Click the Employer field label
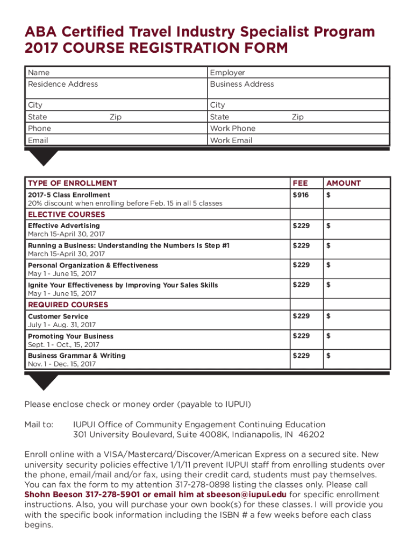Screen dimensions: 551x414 tap(227, 73)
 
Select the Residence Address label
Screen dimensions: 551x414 tap(63, 84)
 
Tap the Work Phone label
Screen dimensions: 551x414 tap(233, 128)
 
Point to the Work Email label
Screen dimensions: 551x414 tap(231, 140)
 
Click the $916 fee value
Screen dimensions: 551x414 tap(301, 195)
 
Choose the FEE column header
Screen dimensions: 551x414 tap(300, 183)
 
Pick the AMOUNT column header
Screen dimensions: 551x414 tap(344, 183)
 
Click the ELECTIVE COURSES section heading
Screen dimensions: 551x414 tap(67, 214)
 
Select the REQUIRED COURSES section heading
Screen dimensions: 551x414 tap(68, 305)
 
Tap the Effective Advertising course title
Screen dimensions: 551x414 tap(63, 226)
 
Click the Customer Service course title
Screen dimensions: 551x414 tap(58, 316)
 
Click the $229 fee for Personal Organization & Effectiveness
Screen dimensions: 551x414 tap(301, 265)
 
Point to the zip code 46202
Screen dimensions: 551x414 tap(312, 434)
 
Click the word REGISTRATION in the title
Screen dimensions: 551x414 tap(173, 49)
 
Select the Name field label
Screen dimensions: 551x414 tap(39, 73)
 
